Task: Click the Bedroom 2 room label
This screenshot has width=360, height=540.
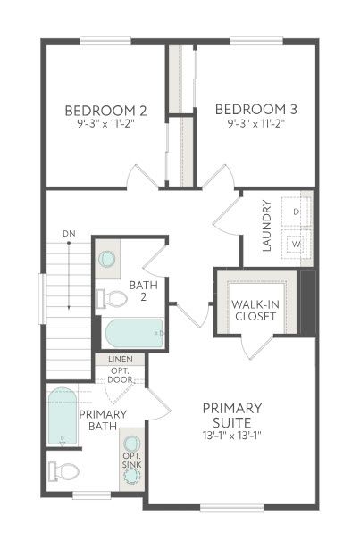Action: click(x=105, y=111)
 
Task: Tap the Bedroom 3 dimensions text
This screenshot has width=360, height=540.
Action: click(x=256, y=124)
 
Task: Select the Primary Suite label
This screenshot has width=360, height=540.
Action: click(x=232, y=415)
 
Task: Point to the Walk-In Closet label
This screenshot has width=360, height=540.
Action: click(x=255, y=311)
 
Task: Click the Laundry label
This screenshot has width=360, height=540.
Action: click(x=267, y=225)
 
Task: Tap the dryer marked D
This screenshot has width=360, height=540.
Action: click(x=297, y=212)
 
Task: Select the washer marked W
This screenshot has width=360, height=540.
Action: click(x=297, y=245)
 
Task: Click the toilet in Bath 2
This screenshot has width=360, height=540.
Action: click(x=112, y=299)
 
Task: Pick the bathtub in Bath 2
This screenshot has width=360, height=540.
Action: click(x=134, y=333)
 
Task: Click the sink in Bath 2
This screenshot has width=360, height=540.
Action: click(x=107, y=259)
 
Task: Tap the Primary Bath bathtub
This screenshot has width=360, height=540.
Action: click(x=63, y=417)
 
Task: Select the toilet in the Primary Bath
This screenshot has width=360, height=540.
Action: click(x=63, y=471)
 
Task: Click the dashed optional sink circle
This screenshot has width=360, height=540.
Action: click(x=132, y=477)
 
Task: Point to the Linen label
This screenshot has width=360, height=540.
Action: click(x=120, y=359)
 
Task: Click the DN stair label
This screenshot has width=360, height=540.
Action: click(x=69, y=234)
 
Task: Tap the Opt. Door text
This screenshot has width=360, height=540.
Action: click(x=120, y=376)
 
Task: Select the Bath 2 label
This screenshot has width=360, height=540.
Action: click(x=144, y=291)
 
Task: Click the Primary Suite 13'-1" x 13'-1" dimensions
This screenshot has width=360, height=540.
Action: click(x=232, y=436)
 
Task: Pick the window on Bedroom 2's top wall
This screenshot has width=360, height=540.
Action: click(x=105, y=40)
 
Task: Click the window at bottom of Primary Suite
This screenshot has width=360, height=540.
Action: click(x=232, y=508)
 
